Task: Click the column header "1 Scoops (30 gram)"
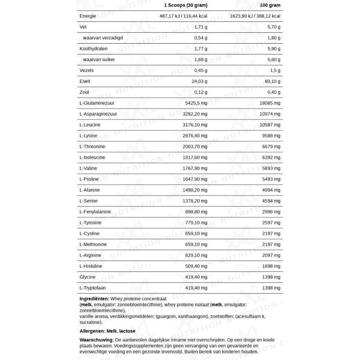coord(185,5)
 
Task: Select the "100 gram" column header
coord(270,5)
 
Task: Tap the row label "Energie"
coord(87,16)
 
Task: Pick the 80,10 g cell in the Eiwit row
coord(272,81)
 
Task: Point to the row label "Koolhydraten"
coord(93,49)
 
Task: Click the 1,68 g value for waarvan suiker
coord(201,60)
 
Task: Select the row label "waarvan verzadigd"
coord(103,38)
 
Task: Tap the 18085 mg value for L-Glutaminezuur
coord(270,103)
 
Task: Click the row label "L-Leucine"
coord(90,125)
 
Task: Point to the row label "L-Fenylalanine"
coord(95,212)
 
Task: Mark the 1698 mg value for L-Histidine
coord(271,266)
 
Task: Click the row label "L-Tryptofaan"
coord(93,288)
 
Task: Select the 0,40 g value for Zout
coord(273,92)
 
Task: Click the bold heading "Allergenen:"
coord(92,331)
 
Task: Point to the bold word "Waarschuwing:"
coord(96,340)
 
